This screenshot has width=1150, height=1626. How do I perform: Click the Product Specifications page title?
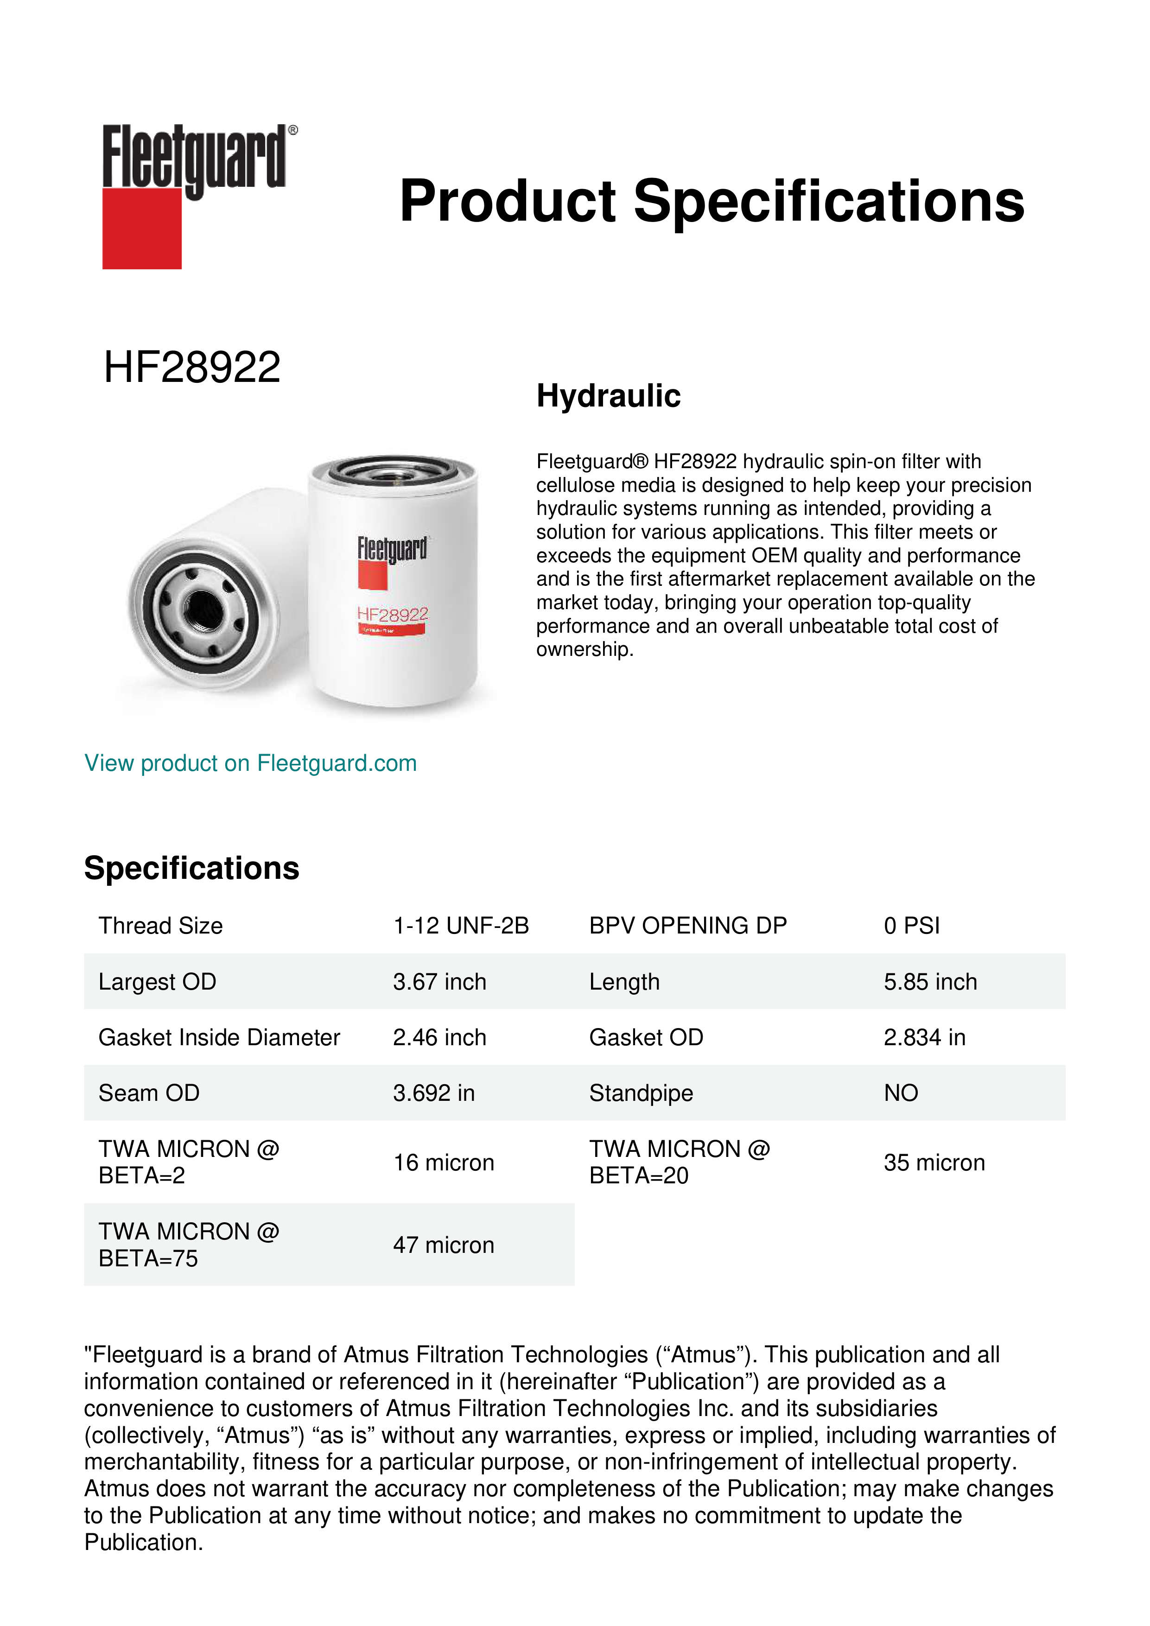(712, 201)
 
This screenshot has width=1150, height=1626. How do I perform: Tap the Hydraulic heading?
(608, 396)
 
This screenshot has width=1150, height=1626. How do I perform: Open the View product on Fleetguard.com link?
(251, 763)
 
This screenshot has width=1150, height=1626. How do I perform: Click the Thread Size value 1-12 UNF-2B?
(461, 926)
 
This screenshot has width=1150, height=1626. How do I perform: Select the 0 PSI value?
(911, 926)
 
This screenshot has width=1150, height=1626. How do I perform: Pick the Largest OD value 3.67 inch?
(440, 982)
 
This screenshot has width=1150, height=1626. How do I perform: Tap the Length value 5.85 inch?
(930, 982)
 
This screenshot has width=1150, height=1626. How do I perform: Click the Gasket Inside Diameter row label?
(220, 1037)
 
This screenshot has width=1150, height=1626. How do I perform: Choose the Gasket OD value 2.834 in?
(924, 1037)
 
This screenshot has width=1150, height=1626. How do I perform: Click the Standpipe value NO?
(901, 1093)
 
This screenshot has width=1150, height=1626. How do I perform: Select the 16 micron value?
(443, 1163)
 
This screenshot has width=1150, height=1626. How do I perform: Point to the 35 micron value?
(934, 1163)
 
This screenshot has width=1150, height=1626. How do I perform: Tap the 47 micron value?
(443, 1245)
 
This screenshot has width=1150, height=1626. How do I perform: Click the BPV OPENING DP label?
(687, 926)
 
